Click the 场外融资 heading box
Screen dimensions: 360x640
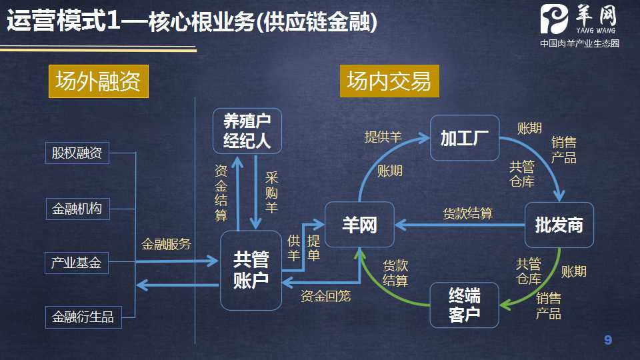97,81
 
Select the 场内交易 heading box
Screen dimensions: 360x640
389,81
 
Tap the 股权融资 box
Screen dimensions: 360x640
77,153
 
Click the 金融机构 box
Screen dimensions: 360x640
77,209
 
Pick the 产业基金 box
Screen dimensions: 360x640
77,263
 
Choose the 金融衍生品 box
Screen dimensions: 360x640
83,317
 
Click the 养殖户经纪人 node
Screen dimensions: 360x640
247,131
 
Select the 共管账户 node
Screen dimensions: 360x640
251,270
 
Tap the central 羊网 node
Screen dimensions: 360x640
359,225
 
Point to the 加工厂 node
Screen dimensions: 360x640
464,138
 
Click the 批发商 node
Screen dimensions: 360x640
559,225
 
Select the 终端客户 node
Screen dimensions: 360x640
464,305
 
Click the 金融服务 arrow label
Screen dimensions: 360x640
166,244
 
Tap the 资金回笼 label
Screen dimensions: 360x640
325,295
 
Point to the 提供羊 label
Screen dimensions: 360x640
383,137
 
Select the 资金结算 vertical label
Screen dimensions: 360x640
221,193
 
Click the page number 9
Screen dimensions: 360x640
607,341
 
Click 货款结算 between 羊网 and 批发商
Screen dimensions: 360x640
468,214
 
